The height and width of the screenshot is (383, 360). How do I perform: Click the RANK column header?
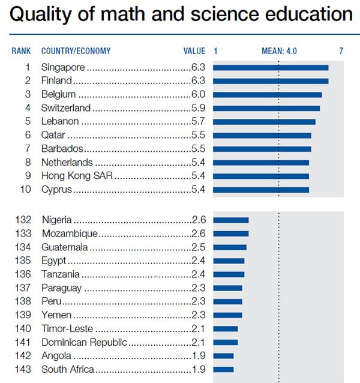(21, 51)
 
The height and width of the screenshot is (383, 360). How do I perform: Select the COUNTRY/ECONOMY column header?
(76, 51)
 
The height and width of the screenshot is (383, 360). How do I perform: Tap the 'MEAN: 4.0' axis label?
(279, 51)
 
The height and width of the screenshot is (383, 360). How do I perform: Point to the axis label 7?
(341, 51)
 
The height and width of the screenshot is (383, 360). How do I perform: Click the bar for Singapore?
(271, 67)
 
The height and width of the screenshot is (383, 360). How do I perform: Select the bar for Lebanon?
(264, 122)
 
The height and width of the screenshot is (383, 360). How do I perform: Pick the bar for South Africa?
(223, 369)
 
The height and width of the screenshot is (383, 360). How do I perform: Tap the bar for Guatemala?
(230, 247)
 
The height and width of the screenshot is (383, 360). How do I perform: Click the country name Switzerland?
(66, 108)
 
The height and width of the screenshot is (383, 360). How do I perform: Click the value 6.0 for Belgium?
(198, 94)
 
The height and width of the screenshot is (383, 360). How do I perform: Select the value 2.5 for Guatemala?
(198, 247)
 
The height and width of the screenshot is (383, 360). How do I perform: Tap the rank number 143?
(23, 369)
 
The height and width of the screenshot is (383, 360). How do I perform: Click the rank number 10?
(25, 190)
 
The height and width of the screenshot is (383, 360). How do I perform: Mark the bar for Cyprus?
(261, 190)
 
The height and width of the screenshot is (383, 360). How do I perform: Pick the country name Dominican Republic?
(84, 342)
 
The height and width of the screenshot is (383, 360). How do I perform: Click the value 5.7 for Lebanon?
(198, 122)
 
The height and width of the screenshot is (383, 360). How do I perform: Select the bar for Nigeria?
(231, 220)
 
